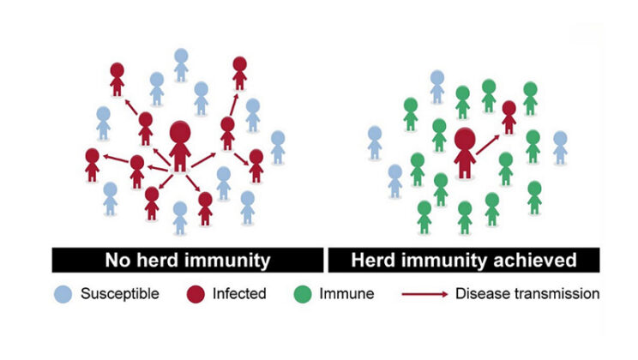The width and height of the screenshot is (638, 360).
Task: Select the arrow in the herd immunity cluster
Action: [x=488, y=142]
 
